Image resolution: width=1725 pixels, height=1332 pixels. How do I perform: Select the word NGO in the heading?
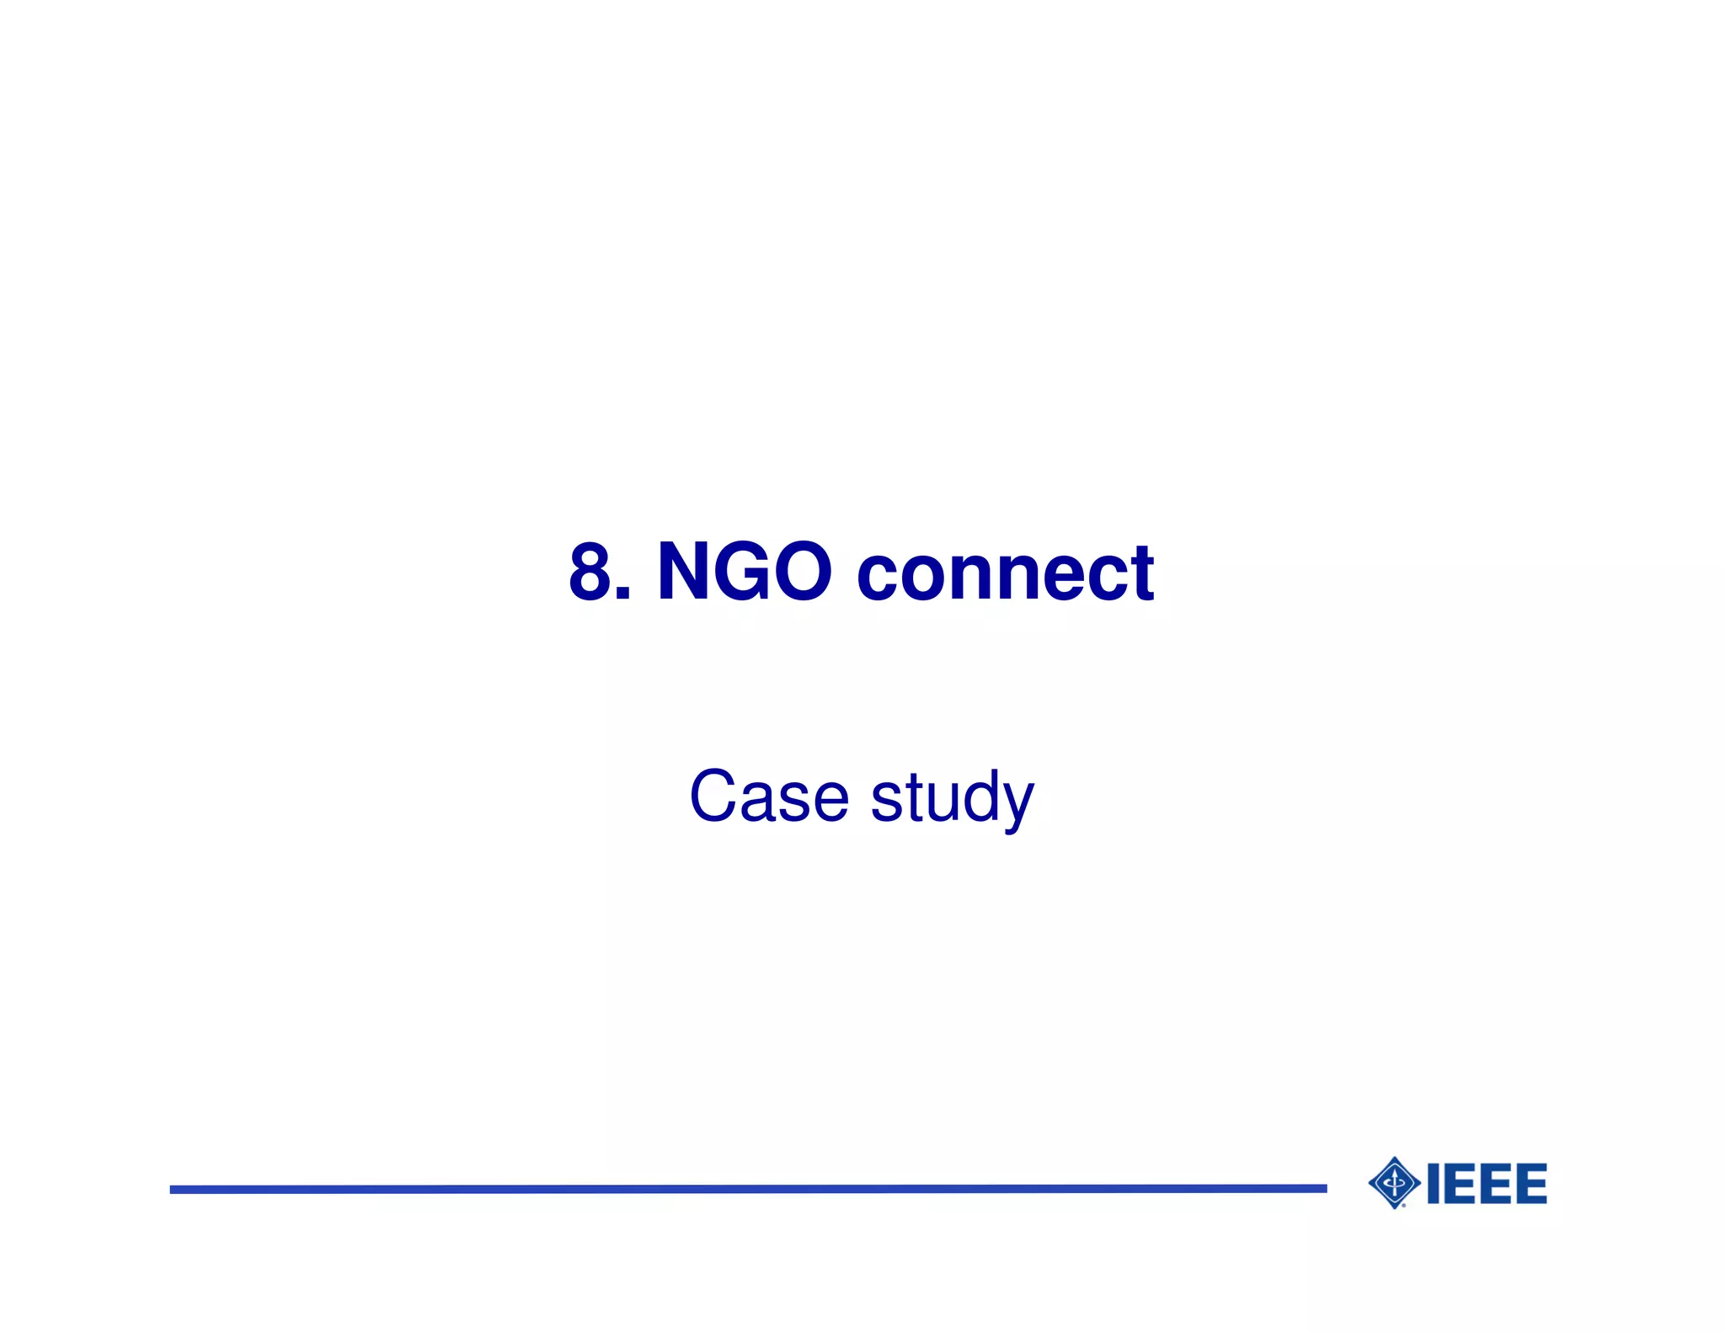tap(745, 573)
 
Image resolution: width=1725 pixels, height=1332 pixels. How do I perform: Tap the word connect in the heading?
tap(1005, 574)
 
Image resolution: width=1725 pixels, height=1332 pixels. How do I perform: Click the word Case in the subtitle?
tap(768, 797)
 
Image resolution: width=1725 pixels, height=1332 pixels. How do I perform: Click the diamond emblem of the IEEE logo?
tap(1395, 1183)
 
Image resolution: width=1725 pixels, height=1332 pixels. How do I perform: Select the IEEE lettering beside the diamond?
tap(1487, 1184)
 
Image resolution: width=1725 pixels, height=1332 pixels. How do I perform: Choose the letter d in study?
tap(975, 797)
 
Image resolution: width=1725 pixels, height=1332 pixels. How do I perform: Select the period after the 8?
tap(622, 594)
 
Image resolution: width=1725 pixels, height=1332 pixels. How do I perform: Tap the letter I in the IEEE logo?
tap(1433, 1184)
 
